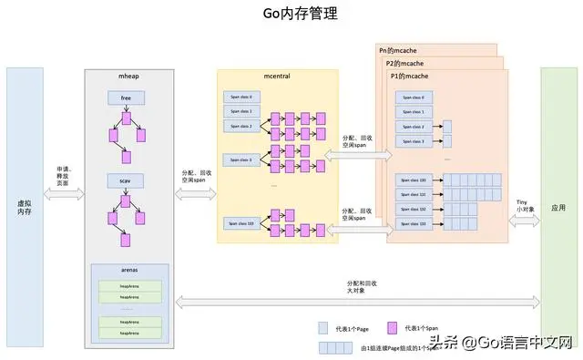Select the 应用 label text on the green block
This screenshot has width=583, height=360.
[558, 208]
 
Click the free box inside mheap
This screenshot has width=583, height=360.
[125, 97]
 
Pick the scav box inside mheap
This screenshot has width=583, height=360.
[125, 180]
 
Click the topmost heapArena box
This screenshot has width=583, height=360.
[128, 286]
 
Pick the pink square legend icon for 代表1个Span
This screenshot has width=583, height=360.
[394, 327]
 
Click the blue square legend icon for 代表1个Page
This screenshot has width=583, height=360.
[322, 327]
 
